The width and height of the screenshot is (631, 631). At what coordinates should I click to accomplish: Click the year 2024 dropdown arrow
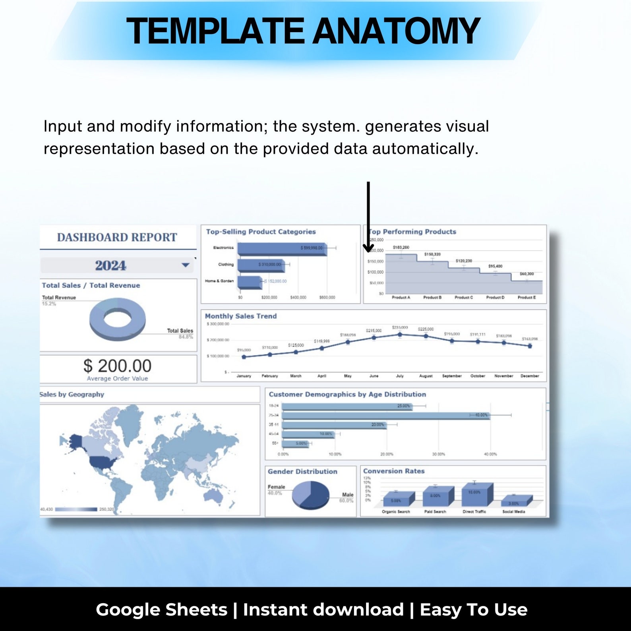pyautogui.click(x=185, y=265)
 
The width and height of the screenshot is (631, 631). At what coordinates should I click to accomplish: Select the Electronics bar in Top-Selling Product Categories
pyautogui.click(x=282, y=248)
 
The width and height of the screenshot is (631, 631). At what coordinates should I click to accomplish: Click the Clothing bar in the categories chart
pyautogui.click(x=261, y=265)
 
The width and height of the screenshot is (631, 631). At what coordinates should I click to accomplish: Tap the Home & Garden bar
pyautogui.click(x=250, y=281)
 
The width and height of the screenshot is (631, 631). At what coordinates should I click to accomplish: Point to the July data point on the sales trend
pyautogui.click(x=400, y=335)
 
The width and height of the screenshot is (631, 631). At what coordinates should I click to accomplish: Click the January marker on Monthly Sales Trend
pyautogui.click(x=244, y=357)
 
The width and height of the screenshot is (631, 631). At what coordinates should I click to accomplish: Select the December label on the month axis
pyautogui.click(x=530, y=376)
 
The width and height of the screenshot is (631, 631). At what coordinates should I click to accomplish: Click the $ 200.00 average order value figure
pyautogui.click(x=117, y=366)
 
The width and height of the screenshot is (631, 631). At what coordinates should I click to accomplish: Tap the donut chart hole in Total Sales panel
pyautogui.click(x=117, y=318)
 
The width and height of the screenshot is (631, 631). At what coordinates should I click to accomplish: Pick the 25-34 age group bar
pyautogui.click(x=385, y=415)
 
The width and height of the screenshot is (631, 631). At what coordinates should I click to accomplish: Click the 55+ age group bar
pyautogui.click(x=295, y=443)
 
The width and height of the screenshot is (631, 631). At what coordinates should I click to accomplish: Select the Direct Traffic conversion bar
pyautogui.click(x=477, y=494)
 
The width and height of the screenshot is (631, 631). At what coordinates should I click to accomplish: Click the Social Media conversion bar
pyautogui.click(x=516, y=501)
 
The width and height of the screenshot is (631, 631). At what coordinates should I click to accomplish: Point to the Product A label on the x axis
pyautogui.click(x=401, y=298)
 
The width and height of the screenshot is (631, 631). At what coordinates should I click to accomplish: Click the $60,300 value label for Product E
pyautogui.click(x=527, y=274)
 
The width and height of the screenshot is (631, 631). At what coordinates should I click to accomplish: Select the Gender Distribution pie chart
pyautogui.click(x=310, y=494)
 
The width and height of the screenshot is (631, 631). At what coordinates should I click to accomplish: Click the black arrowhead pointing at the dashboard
pyautogui.click(x=368, y=248)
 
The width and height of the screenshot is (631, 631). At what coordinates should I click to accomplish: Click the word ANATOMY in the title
pyautogui.click(x=396, y=31)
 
